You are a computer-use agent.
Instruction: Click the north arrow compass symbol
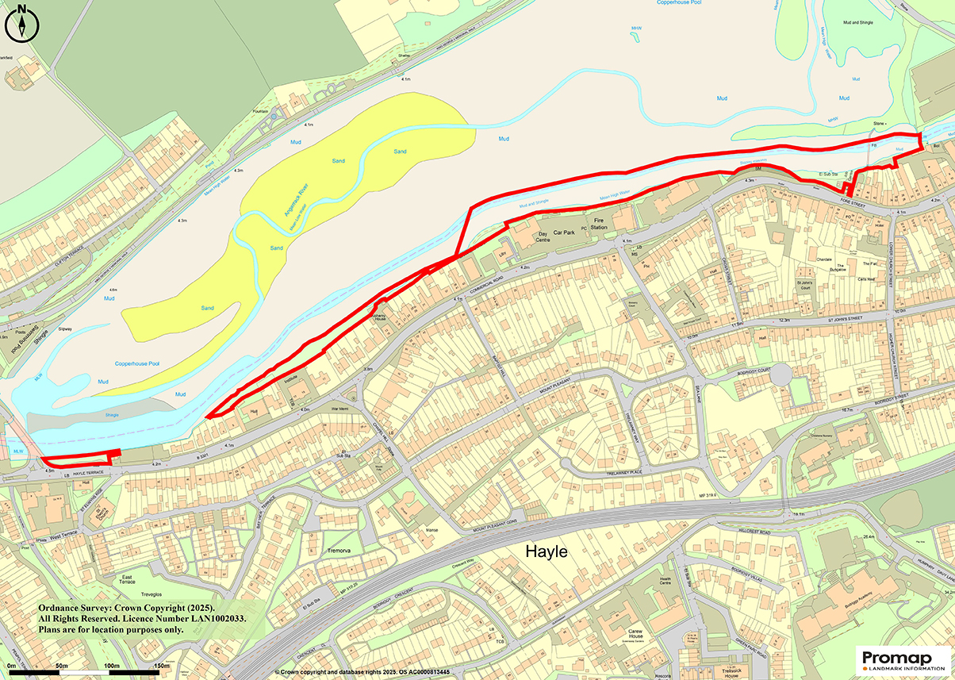[x=21, y=22]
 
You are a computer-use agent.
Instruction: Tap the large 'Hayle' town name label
[x=547, y=551]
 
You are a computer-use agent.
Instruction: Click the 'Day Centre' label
[x=543, y=237]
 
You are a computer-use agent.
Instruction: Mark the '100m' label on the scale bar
[x=111, y=665]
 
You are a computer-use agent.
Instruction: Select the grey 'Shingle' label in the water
[x=112, y=415]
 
